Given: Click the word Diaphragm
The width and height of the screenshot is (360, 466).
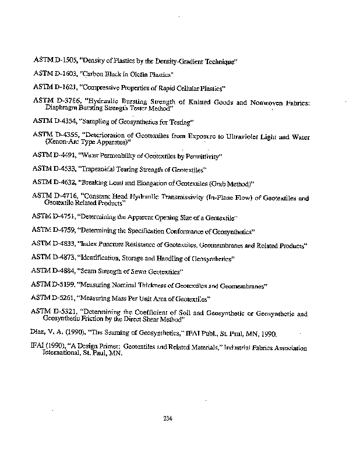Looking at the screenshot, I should click(60, 108).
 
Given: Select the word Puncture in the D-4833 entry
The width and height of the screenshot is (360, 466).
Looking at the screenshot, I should click(114, 244).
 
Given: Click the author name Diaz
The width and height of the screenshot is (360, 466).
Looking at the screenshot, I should click(38, 334).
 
